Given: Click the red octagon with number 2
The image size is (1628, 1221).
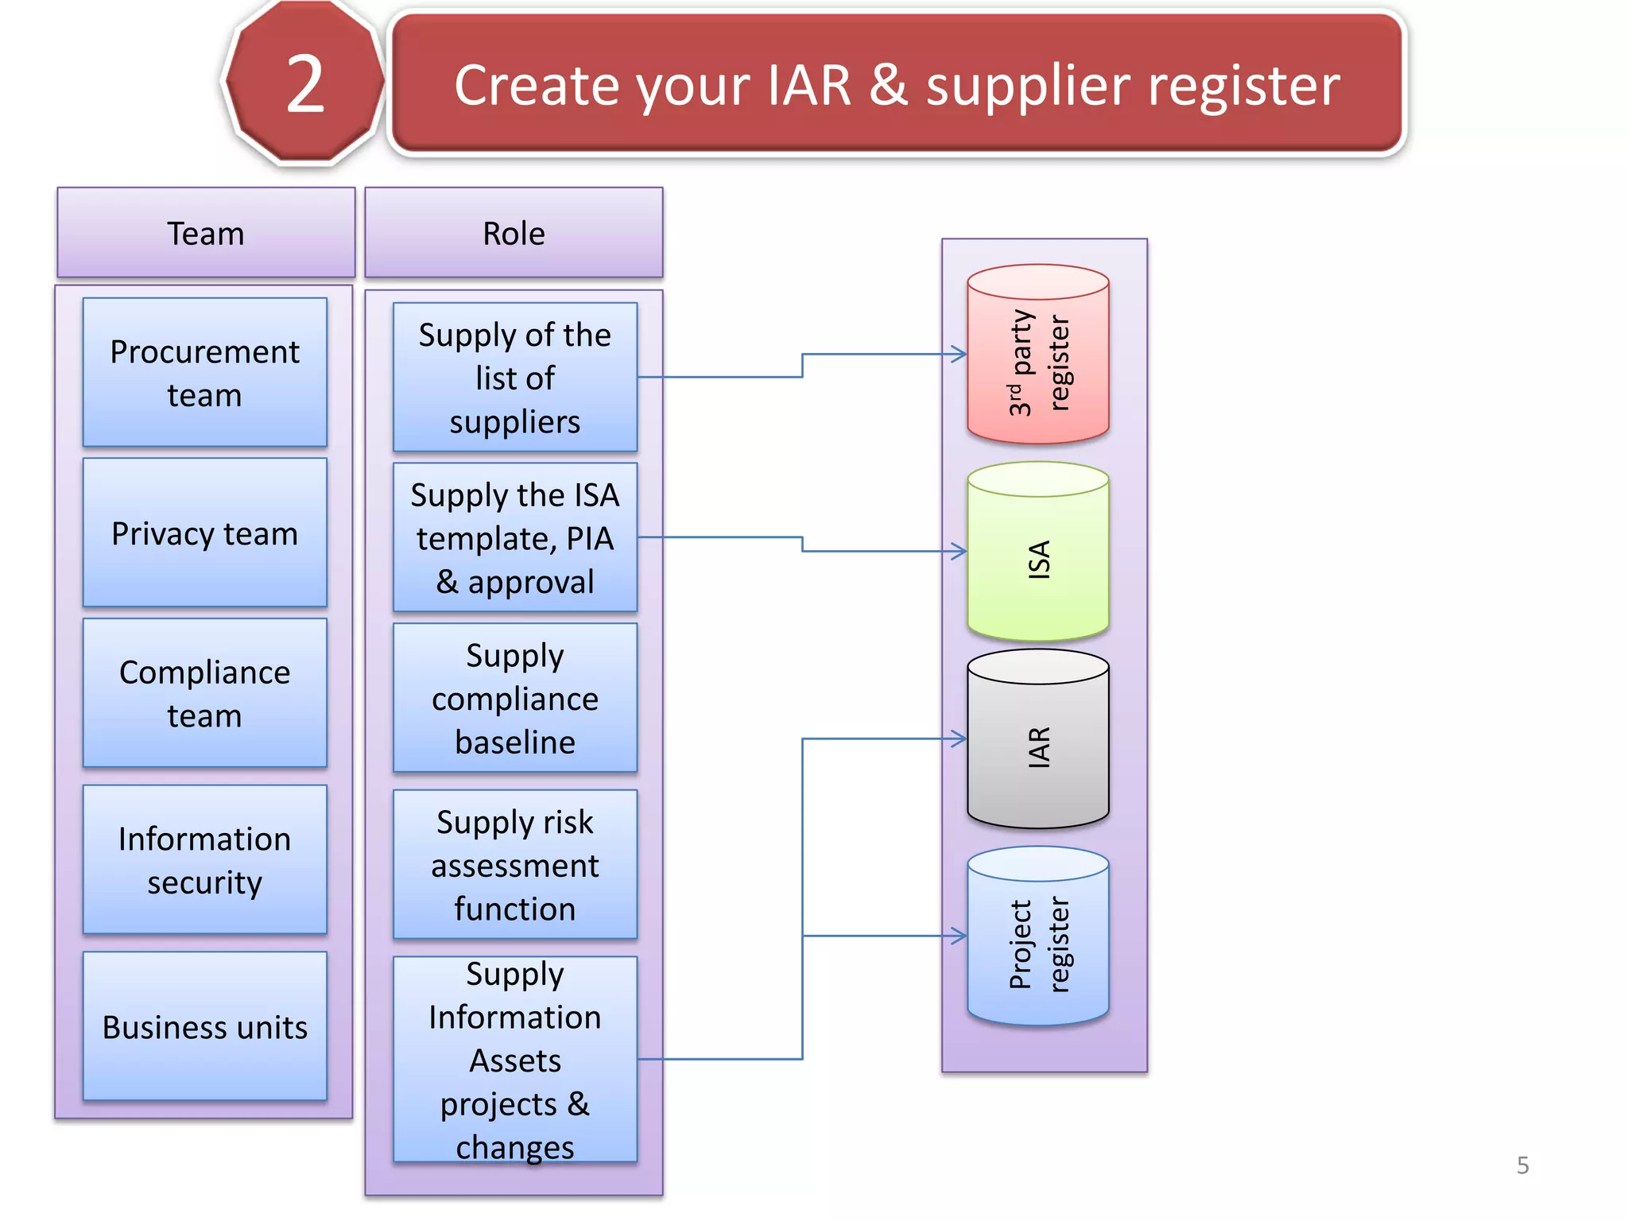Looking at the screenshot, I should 304,83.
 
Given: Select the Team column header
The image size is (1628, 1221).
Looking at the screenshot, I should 205,233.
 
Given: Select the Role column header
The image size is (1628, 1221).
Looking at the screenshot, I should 514,233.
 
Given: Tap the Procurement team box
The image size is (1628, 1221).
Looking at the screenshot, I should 205,372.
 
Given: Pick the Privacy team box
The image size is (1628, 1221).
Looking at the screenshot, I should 205,533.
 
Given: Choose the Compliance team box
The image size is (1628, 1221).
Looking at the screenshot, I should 205,693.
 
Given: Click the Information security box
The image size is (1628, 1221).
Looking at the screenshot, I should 205,859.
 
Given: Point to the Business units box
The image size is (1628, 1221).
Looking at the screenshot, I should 205,1026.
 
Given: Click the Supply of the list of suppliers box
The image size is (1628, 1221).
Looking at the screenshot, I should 515,377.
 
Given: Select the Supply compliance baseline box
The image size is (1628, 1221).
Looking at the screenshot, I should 515,698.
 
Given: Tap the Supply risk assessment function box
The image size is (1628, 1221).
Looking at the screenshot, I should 515,864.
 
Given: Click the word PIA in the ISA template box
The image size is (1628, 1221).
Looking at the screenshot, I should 589,539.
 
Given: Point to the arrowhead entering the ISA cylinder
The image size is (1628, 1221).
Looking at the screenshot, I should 960,551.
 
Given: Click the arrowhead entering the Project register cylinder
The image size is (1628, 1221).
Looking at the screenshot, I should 960,936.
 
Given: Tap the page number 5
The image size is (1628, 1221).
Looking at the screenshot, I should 1522,1165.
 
